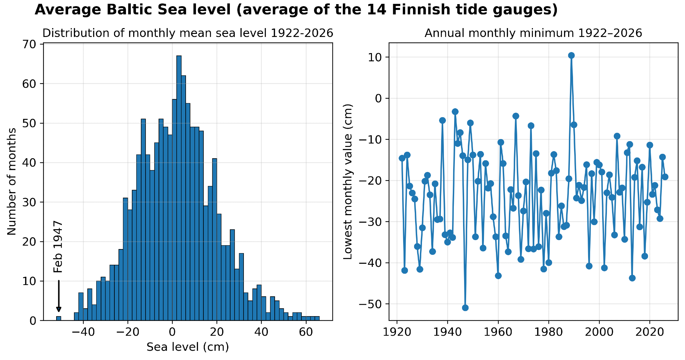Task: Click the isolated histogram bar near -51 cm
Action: coord(59,319)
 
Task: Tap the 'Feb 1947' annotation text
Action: coord(59,247)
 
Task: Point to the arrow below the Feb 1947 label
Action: coord(59,296)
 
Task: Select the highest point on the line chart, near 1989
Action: coord(571,55)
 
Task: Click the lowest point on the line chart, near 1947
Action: coord(465,308)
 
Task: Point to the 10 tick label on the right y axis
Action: coord(376,57)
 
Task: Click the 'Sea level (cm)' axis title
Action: coord(188,347)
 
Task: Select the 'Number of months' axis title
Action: coord(12,182)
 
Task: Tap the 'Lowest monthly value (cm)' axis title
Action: coord(348,182)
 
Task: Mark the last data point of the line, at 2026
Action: coord(665,177)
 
